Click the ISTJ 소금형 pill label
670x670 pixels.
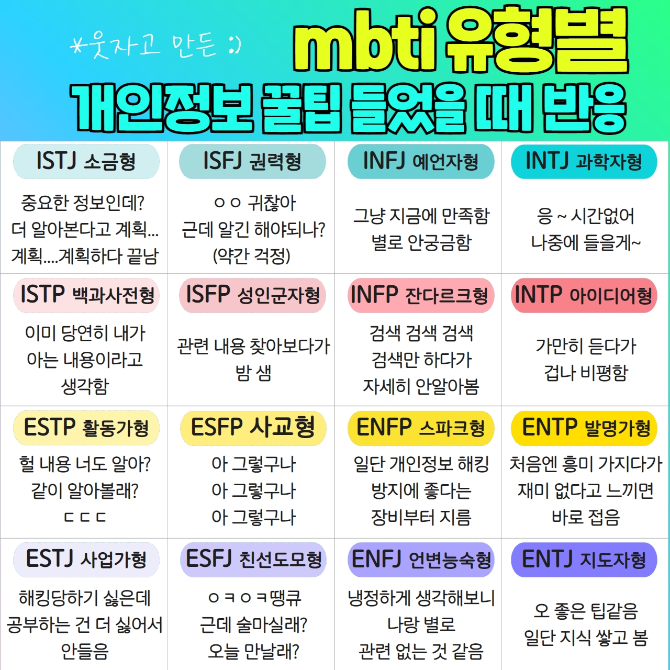(86, 161)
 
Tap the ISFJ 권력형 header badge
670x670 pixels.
(252, 161)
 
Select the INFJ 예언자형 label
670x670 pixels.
(421, 161)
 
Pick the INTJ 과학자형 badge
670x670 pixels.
(584, 161)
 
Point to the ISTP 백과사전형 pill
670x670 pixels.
(86, 295)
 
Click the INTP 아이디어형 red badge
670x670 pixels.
(584, 295)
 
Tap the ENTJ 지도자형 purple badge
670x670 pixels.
(584, 560)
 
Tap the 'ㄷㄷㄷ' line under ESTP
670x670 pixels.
(85, 517)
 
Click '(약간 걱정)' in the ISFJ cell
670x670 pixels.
(252, 256)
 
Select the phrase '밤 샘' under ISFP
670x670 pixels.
(253, 373)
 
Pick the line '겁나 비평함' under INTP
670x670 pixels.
(586, 373)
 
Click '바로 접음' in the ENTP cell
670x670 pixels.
(586, 517)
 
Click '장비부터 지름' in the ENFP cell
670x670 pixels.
(421, 517)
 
